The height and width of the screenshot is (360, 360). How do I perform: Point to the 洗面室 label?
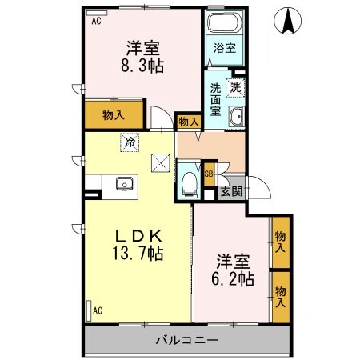click(x=216, y=99)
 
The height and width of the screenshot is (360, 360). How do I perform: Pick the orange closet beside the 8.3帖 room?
click(x=113, y=114)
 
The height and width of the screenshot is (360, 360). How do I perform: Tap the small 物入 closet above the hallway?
click(x=188, y=122)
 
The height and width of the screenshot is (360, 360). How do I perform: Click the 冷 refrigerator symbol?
click(x=128, y=142)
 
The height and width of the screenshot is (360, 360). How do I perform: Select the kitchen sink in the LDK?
click(x=125, y=184)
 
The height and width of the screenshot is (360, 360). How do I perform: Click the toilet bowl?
click(x=190, y=182)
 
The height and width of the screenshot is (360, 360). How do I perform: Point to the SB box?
click(x=208, y=174)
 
